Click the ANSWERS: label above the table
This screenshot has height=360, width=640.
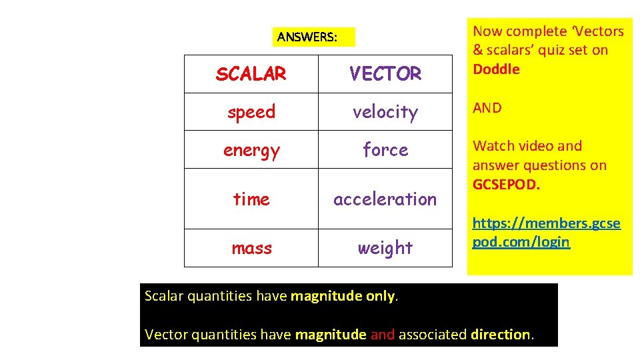coord(307,37)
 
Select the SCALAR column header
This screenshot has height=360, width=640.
coord(251,73)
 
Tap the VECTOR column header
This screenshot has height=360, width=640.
coord(385,73)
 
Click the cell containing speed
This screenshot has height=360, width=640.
coord(251,112)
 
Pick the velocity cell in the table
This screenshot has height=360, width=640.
coord(385,112)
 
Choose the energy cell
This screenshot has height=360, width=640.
coord(251,150)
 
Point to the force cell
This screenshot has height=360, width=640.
coord(385,150)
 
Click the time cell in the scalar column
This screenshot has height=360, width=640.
coord(251,199)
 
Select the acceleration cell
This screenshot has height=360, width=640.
coord(385,199)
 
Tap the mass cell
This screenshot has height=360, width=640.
coord(251,248)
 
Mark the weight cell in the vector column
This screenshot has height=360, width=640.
coord(385,248)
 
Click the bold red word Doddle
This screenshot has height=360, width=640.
coord(496,69)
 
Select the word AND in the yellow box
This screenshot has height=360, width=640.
coord(487,108)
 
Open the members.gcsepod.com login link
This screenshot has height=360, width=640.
coord(546,233)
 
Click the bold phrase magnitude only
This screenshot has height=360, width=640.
coord(343,296)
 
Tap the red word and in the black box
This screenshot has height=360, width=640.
coord(382,335)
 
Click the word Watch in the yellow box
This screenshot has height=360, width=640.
coord(491,146)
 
